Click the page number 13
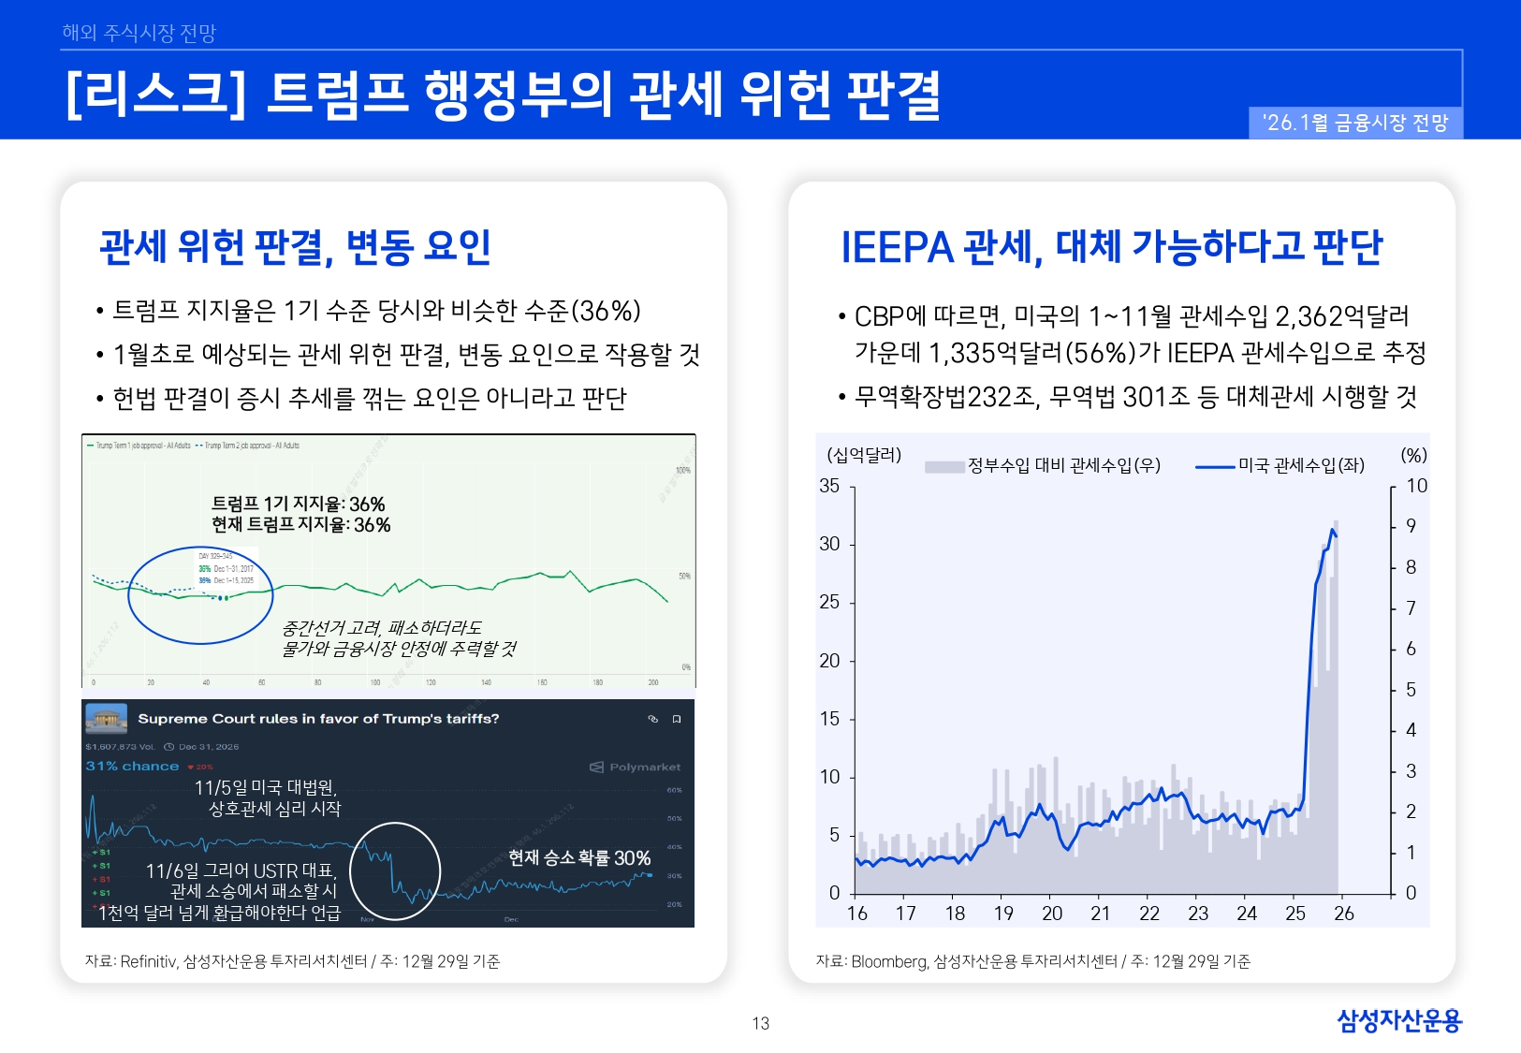click(760, 1023)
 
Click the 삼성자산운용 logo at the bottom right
click(1398, 1019)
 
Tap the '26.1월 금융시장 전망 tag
click(1354, 123)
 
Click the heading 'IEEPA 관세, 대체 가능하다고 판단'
click(1111, 247)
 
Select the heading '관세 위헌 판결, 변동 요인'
click(295, 247)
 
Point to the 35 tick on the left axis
click(829, 486)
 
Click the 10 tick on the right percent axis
click(1417, 486)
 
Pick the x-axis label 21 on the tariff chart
click(1101, 914)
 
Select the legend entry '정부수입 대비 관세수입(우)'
click(1063, 465)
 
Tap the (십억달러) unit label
click(863, 455)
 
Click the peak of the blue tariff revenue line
click(1332, 530)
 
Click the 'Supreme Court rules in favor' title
click(318, 719)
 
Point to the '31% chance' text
click(132, 766)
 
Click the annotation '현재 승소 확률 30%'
click(578, 857)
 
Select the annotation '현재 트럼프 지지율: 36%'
click(300, 525)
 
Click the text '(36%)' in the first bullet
click(607, 311)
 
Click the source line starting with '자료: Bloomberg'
click(1032, 961)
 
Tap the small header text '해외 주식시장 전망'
click(139, 33)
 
